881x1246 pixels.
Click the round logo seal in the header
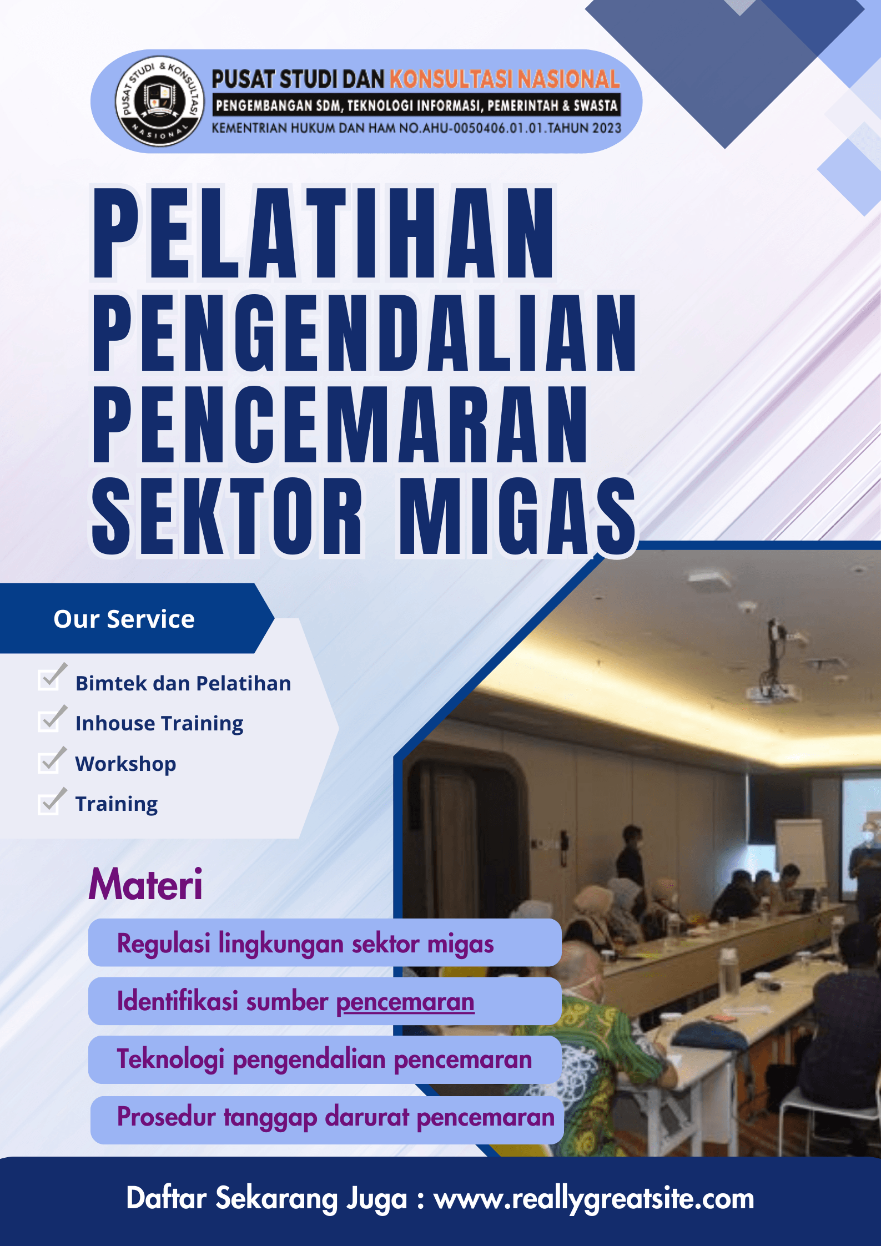point(159,101)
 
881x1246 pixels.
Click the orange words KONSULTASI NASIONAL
point(504,79)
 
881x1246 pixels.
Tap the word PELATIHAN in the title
point(324,233)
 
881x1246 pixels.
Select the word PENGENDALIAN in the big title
point(364,333)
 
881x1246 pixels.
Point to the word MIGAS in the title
point(517,516)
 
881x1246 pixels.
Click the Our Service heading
point(124,619)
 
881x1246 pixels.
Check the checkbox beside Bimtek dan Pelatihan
point(51,678)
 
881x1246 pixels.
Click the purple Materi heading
point(145,884)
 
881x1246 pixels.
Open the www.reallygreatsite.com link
point(594,1199)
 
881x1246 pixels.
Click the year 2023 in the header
point(606,128)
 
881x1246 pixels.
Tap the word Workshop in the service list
point(126,764)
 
